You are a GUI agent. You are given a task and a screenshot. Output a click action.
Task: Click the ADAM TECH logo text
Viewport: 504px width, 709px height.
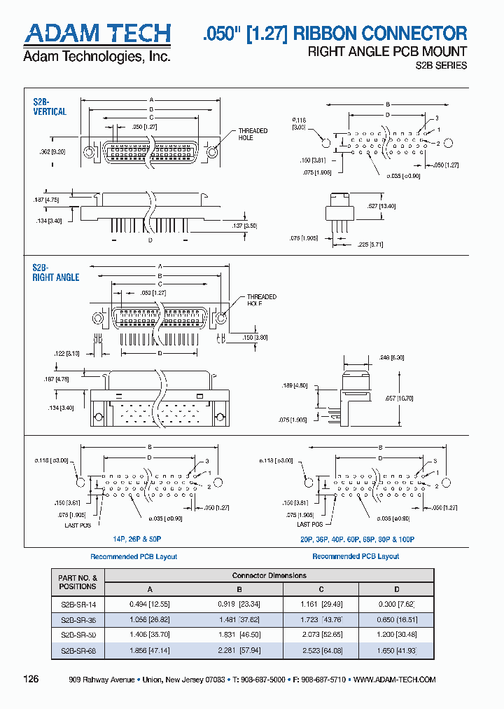click(97, 34)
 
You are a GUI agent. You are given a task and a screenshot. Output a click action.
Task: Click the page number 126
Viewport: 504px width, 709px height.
click(31, 679)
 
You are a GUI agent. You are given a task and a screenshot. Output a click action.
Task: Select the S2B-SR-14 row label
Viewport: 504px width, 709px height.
click(77, 604)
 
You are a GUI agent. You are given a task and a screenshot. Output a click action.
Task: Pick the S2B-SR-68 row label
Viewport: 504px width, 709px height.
click(77, 650)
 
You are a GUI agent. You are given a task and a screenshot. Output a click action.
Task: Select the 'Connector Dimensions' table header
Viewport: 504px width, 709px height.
click(269, 575)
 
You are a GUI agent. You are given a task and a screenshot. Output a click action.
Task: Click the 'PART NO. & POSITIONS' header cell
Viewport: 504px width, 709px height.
click(77, 581)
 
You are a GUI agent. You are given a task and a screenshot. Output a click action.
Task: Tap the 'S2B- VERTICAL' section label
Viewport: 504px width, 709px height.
click(50, 107)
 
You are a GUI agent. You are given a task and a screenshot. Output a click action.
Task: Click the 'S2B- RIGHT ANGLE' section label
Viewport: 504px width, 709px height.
click(55, 273)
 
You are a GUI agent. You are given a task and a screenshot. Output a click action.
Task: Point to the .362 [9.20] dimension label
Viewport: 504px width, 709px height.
click(52, 152)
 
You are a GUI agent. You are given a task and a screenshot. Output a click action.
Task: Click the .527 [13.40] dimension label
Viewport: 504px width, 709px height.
click(382, 206)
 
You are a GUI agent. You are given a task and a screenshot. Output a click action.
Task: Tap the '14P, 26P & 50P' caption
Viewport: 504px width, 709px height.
click(137, 539)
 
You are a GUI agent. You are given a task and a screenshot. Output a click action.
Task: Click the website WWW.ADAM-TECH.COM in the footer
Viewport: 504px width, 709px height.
click(395, 680)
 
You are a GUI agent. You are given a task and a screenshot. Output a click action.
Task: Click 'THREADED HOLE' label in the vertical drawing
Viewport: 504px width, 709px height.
click(252, 135)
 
